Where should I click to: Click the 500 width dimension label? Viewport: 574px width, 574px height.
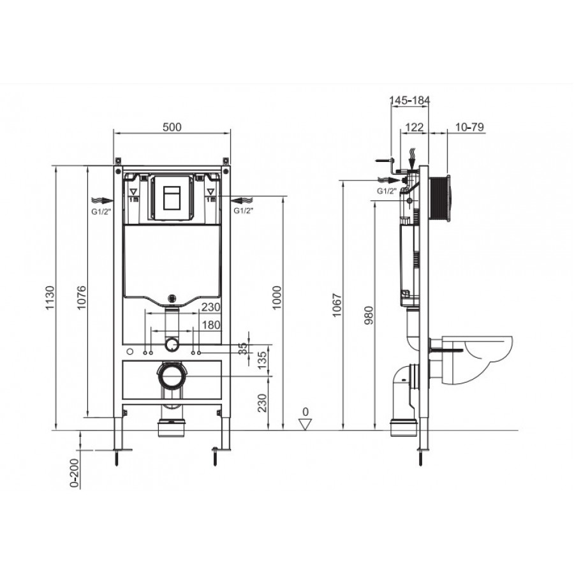[x=172, y=127]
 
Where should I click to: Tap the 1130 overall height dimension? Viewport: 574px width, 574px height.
[x=50, y=298]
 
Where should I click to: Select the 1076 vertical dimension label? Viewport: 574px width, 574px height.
[x=81, y=298]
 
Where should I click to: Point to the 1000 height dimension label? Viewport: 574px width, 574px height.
[x=277, y=298]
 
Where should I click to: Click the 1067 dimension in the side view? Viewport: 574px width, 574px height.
[x=337, y=305]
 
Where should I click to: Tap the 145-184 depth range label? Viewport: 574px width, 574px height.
[x=409, y=100]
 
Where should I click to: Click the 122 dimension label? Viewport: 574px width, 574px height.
[x=415, y=127]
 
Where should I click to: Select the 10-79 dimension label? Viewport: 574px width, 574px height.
[x=469, y=127]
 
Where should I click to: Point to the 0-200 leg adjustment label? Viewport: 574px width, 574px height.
[x=75, y=473]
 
